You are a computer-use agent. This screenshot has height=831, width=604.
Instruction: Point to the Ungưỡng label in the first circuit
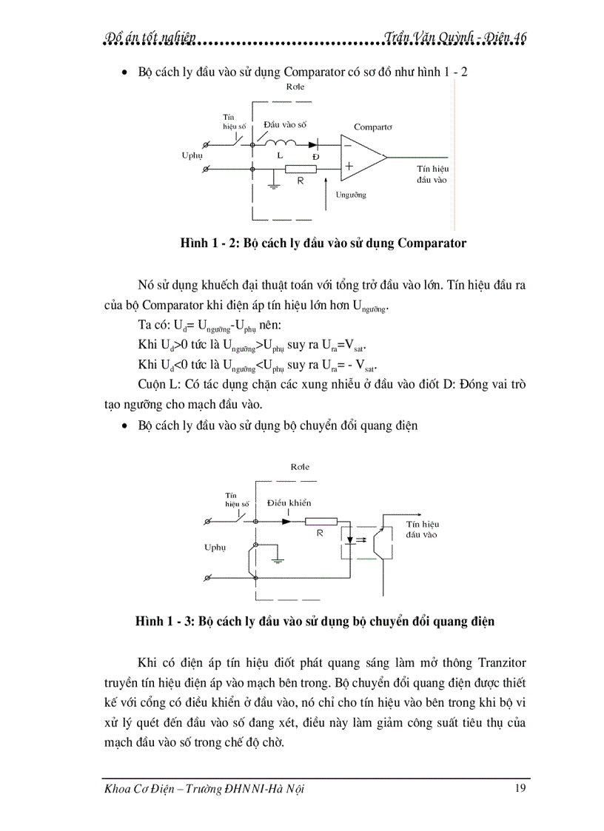[351, 195]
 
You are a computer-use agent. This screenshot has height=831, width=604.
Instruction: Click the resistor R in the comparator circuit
[301, 169]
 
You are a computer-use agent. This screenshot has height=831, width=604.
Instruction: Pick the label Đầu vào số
[285, 125]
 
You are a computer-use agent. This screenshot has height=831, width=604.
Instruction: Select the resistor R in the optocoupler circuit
[321, 522]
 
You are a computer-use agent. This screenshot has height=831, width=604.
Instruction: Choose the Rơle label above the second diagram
[301, 467]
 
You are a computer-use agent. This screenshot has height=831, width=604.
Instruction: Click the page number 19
[520, 788]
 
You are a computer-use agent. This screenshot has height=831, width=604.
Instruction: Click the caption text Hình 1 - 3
[164, 622]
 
